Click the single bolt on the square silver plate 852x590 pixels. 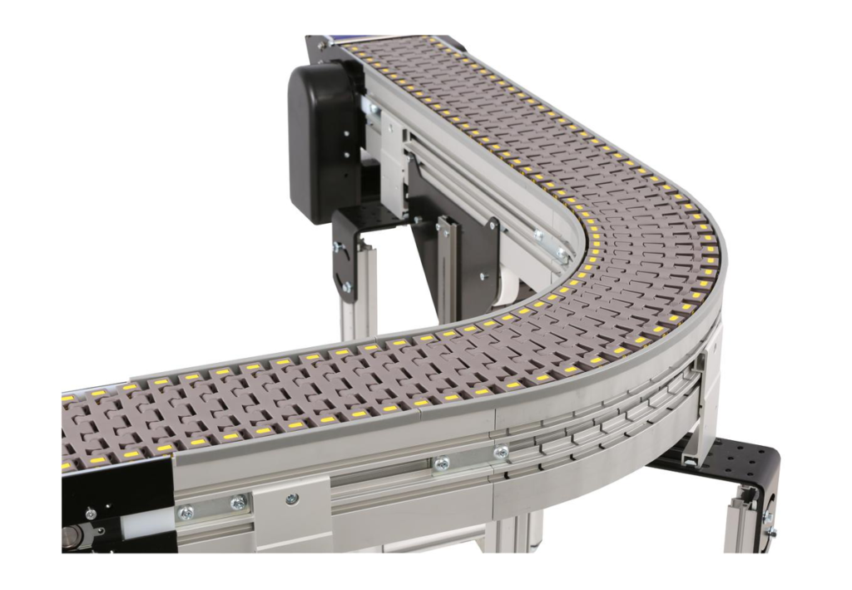[x=292, y=499]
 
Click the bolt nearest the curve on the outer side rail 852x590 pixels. [x=501, y=453]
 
